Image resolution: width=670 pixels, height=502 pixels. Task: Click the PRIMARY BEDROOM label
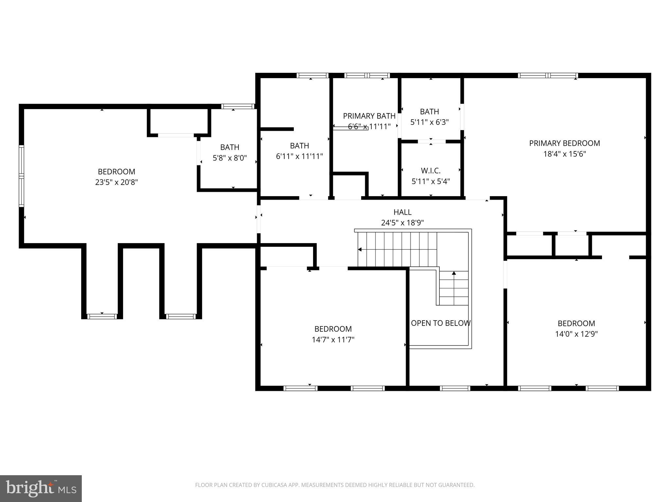coord(564,143)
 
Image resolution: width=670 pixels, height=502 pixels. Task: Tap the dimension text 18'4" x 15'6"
coord(564,154)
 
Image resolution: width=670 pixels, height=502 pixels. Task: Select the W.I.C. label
coord(431,171)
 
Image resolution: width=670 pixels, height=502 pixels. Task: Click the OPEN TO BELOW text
coord(440,323)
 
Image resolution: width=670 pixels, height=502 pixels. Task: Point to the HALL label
coord(402,212)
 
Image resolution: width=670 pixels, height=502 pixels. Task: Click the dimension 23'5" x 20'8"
coord(116,182)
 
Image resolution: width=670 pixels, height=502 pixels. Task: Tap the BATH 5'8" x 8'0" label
coord(230,147)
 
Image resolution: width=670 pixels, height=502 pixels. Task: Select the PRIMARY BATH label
coord(369,116)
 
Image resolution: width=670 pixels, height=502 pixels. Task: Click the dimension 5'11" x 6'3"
coord(429,122)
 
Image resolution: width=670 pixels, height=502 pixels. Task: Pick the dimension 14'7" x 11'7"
coord(333,340)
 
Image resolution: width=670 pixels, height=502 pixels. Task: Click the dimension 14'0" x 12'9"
coord(576,334)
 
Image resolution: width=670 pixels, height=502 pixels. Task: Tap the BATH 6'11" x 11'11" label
coord(299,146)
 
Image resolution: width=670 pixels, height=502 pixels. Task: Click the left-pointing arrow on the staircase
coord(360,250)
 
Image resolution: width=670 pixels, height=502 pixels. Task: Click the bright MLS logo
coord(41,488)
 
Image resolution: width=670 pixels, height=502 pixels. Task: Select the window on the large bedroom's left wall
coord(22,176)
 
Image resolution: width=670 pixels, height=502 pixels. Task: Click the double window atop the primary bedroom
coord(548,75)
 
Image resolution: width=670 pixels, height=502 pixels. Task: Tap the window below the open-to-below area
coord(455,388)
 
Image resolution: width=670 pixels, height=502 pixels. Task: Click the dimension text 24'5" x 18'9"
coord(402,223)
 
